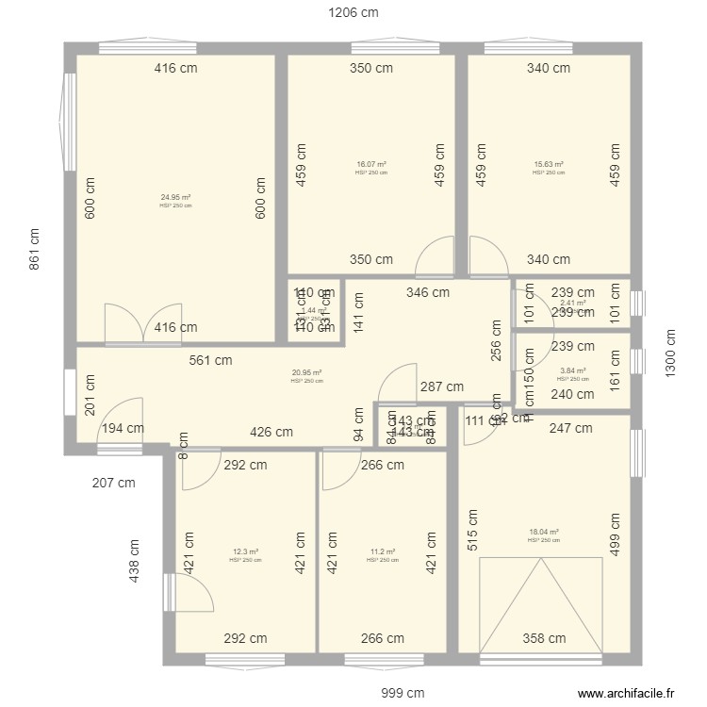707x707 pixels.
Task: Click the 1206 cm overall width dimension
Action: [353, 13]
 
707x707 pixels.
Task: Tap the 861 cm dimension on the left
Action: [34, 250]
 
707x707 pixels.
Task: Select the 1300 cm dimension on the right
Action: [670, 353]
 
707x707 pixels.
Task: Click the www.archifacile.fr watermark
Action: [626, 693]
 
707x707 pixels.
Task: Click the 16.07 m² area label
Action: [371, 164]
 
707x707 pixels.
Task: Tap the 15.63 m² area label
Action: [549, 164]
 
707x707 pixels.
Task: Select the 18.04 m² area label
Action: [544, 532]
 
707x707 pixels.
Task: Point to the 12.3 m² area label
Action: [245, 551]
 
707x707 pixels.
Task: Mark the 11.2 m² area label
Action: [383, 551]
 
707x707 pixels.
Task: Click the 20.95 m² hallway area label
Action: [306, 372]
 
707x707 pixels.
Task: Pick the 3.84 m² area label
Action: [572, 371]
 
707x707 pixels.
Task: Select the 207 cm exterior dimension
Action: [113, 483]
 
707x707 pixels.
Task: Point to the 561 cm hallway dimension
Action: [210, 359]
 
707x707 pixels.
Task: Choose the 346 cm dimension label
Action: [428, 293]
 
